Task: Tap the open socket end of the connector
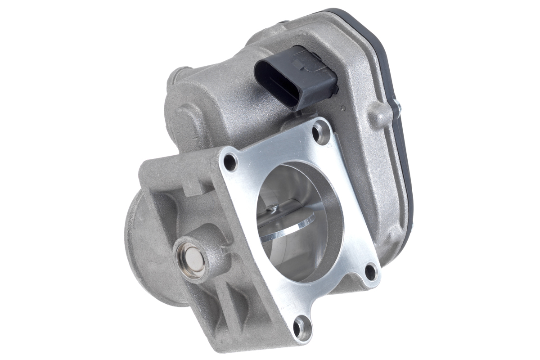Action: [274, 83]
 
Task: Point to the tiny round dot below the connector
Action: [343, 108]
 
